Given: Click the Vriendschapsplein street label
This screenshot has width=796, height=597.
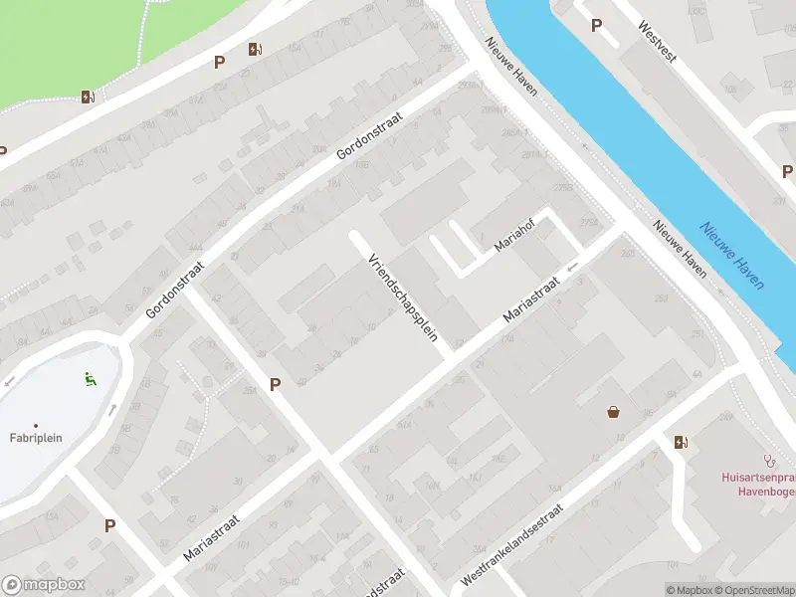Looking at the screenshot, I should point(404,297).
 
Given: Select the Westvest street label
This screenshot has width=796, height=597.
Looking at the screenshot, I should point(658,43).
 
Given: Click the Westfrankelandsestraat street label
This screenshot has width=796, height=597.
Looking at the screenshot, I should point(512,543).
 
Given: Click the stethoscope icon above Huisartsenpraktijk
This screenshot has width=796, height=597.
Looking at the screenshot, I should point(767,461).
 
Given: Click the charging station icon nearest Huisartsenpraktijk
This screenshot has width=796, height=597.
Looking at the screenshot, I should point(681,442).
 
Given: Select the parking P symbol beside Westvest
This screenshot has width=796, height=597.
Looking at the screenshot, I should point(596,26).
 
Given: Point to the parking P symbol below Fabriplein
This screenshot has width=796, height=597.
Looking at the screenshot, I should point(109,525).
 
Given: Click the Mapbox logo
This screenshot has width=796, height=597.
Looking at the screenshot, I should point(43,585).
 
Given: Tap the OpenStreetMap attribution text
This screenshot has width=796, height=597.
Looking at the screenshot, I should point(754,590).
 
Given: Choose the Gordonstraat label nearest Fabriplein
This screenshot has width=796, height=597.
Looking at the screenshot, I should point(174,290).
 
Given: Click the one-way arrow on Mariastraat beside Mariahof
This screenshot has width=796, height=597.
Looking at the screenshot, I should point(572,267).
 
